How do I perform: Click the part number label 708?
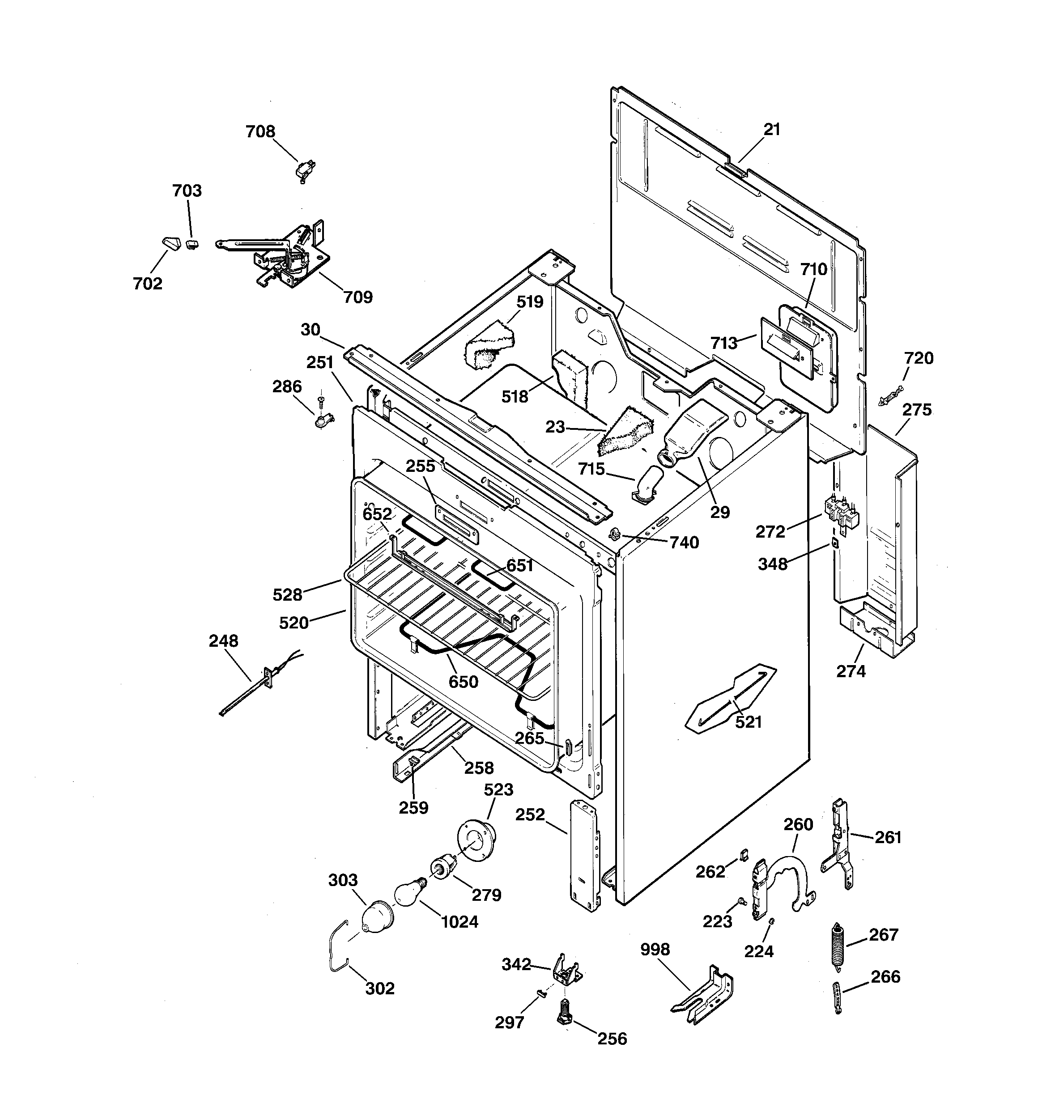pyautogui.click(x=260, y=132)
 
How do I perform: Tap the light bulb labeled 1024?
pyautogui.click(x=408, y=891)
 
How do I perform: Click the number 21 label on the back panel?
pyautogui.click(x=772, y=130)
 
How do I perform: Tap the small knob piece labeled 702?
pyautogui.click(x=168, y=243)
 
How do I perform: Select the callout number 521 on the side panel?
pyautogui.click(x=748, y=722)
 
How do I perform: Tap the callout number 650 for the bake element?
pyautogui.click(x=463, y=682)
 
